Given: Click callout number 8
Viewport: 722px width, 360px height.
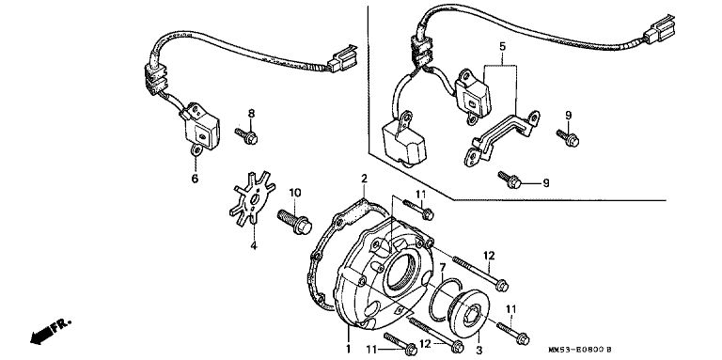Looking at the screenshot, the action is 251,113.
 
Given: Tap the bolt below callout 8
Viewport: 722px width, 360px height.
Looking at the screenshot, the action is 246,135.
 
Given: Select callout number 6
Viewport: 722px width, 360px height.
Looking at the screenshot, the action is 195,179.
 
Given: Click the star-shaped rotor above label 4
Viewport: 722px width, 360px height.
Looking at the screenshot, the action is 252,197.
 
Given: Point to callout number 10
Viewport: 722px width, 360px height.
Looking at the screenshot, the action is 294,192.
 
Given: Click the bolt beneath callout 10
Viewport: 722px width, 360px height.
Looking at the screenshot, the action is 294,222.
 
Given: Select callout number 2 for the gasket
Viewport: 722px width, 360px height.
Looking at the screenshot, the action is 364,179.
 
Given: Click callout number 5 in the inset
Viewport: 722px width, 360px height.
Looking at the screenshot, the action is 502,46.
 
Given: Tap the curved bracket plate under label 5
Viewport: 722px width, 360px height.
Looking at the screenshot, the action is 502,135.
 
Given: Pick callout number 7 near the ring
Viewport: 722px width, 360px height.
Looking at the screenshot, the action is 443,268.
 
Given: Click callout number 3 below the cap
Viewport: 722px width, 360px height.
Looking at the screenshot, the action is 479,351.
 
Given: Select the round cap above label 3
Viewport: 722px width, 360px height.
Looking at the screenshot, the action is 466,315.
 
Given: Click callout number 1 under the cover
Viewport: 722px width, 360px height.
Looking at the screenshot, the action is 348,349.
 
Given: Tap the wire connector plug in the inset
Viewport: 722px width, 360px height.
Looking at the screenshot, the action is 659,28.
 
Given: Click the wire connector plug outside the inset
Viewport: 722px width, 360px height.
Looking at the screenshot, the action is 342,60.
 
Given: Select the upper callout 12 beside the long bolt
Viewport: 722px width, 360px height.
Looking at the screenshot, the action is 489,255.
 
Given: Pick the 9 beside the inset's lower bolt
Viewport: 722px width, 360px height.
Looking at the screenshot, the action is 545,183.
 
